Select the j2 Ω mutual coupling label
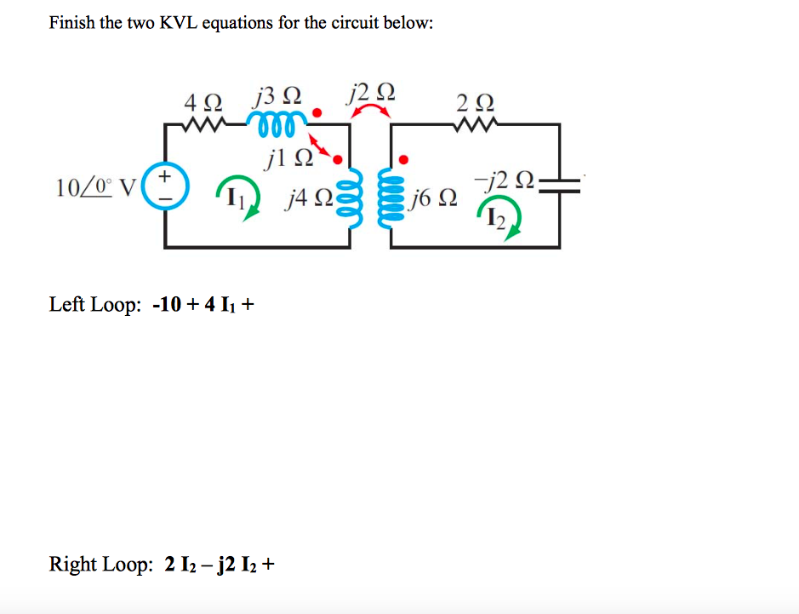tap(371, 90)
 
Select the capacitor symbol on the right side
tap(560, 186)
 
